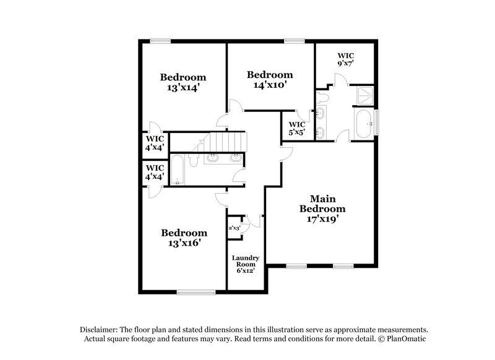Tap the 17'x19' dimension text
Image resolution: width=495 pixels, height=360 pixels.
pyautogui.click(x=322, y=218)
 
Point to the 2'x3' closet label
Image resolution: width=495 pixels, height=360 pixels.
pyautogui.click(x=235, y=228)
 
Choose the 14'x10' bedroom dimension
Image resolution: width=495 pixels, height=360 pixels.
pyautogui.click(x=269, y=85)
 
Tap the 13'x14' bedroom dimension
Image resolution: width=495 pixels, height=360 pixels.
pyautogui.click(x=183, y=88)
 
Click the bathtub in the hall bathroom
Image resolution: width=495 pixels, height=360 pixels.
pyautogui.click(x=177, y=170)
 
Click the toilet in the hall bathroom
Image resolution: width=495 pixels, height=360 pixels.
pyautogui.click(x=193, y=160)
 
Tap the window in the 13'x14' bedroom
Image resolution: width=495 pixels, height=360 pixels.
pyautogui.click(x=160, y=41)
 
